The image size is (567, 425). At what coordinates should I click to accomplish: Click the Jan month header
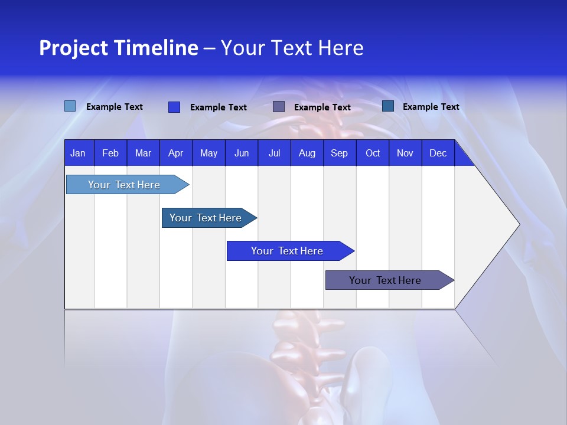pyautogui.click(x=78, y=153)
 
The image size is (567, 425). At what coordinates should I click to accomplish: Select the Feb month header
pyautogui.click(x=110, y=153)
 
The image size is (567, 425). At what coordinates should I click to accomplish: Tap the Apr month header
pyautogui.click(x=175, y=153)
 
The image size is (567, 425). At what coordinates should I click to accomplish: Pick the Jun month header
pyautogui.click(x=242, y=153)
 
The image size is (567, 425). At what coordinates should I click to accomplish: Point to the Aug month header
pyautogui.click(x=307, y=153)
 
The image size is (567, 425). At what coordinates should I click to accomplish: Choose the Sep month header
pyautogui.click(x=339, y=153)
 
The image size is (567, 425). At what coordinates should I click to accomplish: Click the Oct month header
pyautogui.click(x=373, y=153)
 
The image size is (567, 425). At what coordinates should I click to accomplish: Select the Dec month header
pyautogui.click(x=438, y=153)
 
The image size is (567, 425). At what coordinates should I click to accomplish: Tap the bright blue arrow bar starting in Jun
pyautogui.click(x=288, y=251)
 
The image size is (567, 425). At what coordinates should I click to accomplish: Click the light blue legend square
pyautogui.click(x=70, y=106)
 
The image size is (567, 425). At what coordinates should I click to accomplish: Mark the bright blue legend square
pyautogui.click(x=174, y=107)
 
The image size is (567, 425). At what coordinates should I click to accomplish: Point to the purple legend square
pyautogui.click(x=279, y=106)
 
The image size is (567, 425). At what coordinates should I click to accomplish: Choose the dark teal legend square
pyautogui.click(x=388, y=106)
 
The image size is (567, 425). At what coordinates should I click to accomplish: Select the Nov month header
pyautogui.click(x=405, y=153)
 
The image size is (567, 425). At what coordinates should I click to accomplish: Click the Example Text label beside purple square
pyautogui.click(x=322, y=107)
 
